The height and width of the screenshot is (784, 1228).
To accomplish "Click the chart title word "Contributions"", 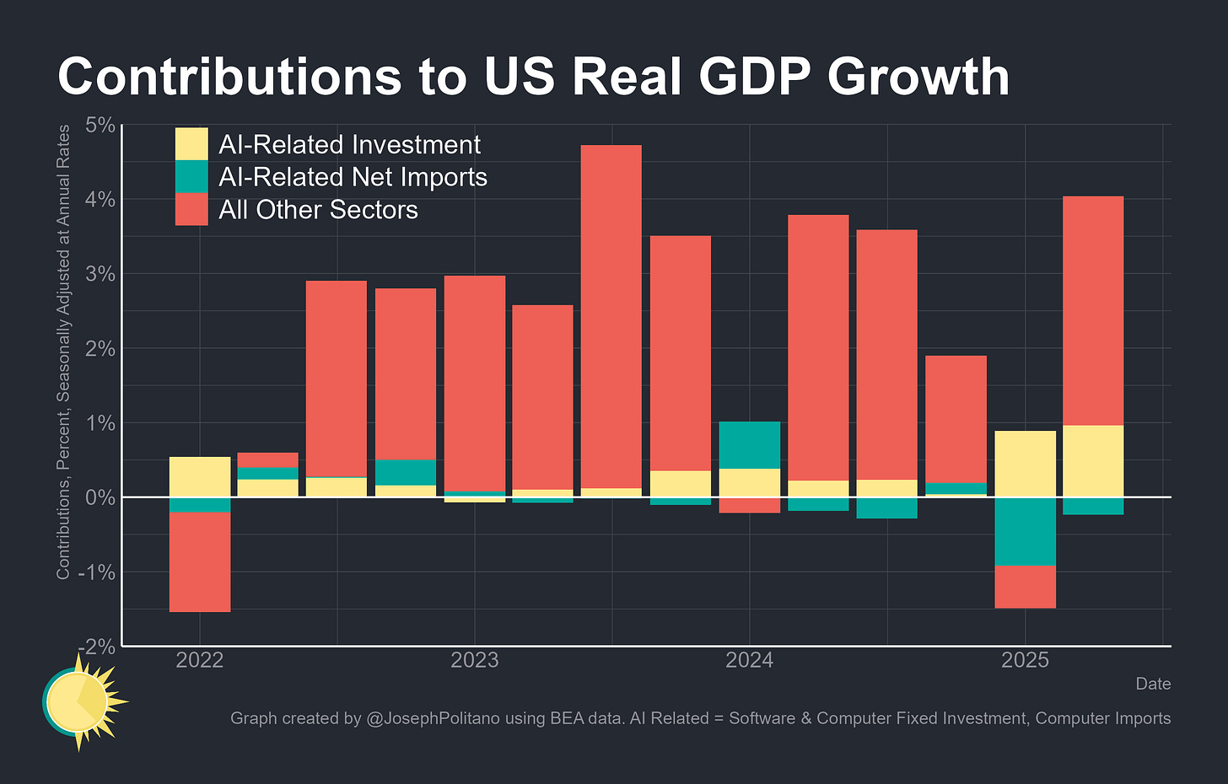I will [x=228, y=77].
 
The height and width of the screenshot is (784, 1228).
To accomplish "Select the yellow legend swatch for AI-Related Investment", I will [x=191, y=144].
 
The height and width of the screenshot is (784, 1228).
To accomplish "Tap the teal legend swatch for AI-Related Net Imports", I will [x=191, y=177].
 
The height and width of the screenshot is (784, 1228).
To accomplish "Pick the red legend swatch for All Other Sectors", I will [x=191, y=209].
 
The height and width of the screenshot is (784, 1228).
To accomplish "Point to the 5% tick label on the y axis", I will [x=100, y=126].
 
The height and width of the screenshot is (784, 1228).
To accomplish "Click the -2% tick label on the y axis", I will [x=97, y=646].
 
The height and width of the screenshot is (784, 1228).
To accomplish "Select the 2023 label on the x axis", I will [x=474, y=660].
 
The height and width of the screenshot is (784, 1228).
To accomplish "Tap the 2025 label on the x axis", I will [x=1025, y=660].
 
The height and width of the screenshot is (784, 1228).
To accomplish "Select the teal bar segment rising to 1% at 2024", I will [x=749, y=445].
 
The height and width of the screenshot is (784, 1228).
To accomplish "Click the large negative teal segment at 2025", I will [x=1025, y=531].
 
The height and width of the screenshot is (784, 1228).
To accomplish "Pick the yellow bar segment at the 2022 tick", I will [x=200, y=476].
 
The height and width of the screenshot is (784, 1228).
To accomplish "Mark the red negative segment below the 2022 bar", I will [x=200, y=561].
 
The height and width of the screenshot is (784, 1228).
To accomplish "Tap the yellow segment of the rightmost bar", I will [x=1092, y=461].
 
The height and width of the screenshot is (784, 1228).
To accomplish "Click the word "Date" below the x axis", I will [x=1153, y=684].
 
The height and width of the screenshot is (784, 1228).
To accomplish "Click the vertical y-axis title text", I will [x=63, y=352].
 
